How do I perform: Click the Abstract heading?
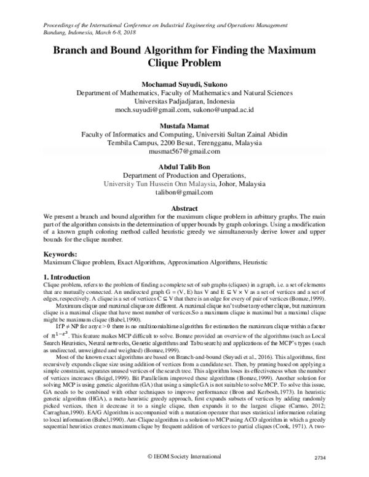(x=184, y=209)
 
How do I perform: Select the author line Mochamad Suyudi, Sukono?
(x=184, y=84)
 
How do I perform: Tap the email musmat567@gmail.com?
(x=184, y=151)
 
